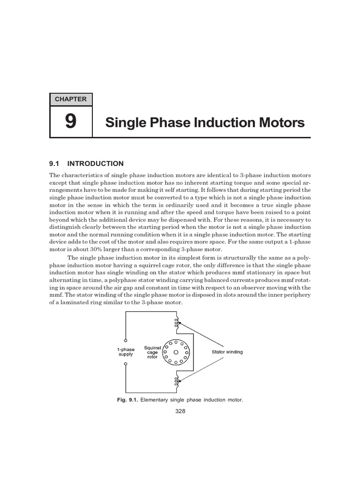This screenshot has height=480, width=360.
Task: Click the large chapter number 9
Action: click(70, 122)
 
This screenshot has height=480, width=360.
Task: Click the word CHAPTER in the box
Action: click(71, 99)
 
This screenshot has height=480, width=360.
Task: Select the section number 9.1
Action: click(56, 164)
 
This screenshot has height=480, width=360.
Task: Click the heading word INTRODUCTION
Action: click(96, 164)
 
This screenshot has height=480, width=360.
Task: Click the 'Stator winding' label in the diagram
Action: click(227, 352)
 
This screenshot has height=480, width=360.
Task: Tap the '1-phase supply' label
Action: click(126, 352)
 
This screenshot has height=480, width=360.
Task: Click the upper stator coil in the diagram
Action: click(176, 323)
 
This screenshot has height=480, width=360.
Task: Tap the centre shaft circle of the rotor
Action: click(176, 352)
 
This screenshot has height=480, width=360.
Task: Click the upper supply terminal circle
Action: click(126, 340)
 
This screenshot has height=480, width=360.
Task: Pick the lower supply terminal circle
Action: click(126, 363)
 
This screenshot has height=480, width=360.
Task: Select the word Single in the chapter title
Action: click(123, 123)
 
